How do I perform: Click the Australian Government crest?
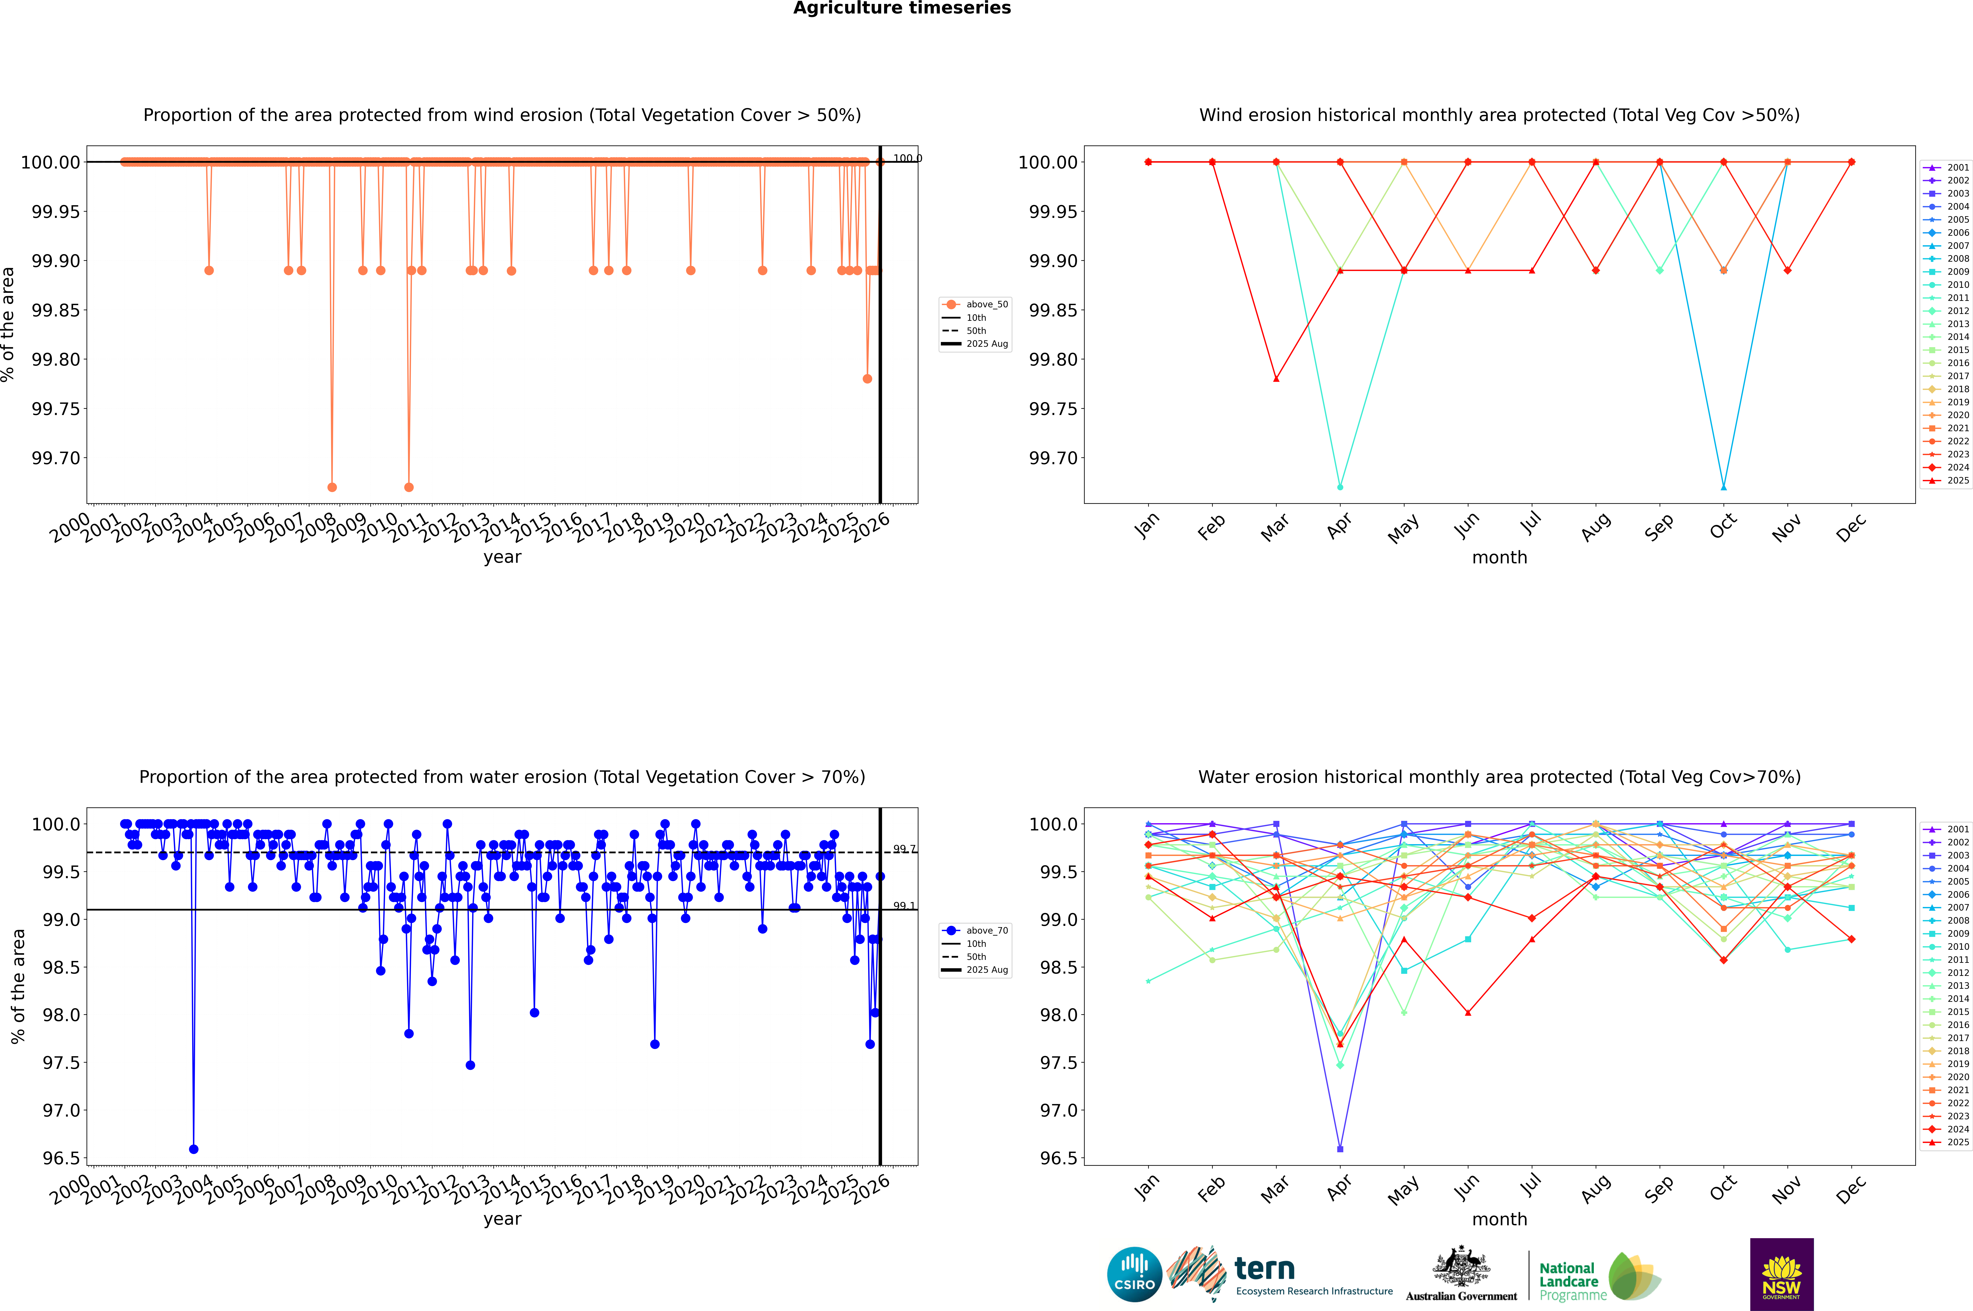(1460, 1269)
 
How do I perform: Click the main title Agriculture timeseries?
(902, 8)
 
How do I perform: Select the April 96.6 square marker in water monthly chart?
(1340, 1149)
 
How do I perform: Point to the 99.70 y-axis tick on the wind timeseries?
(55, 458)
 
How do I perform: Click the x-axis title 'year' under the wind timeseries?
(502, 557)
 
